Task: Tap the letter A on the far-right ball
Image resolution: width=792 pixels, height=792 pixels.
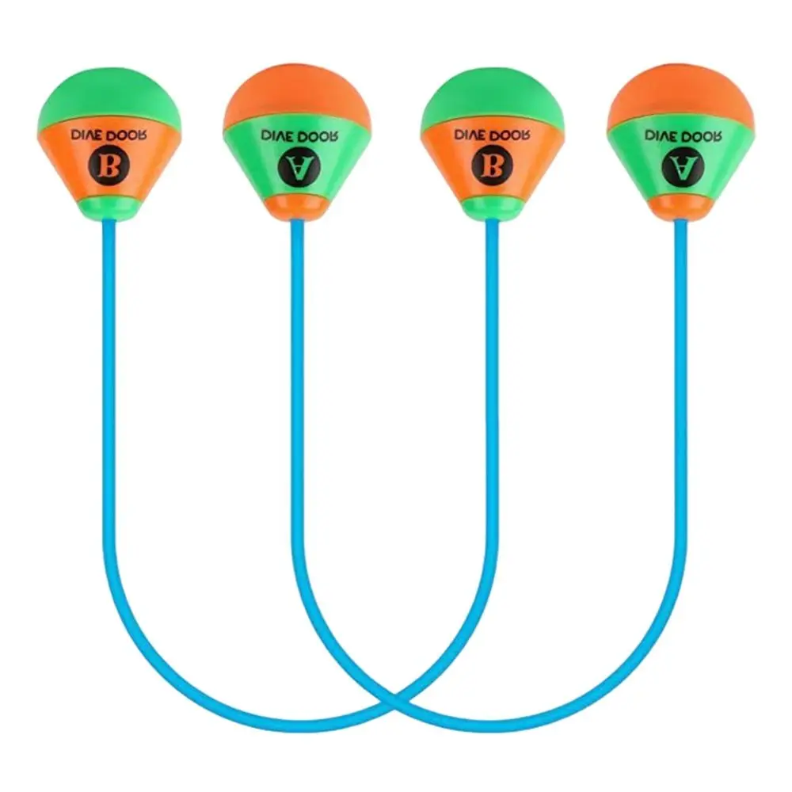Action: point(678,166)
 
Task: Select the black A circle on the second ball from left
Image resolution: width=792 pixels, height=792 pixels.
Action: point(296,166)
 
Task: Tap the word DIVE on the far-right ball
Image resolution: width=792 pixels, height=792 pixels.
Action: point(661,135)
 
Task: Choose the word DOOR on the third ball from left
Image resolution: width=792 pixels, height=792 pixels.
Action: point(511,135)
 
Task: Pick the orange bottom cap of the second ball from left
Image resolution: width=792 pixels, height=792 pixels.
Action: point(297,207)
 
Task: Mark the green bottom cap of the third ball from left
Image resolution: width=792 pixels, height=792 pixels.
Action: point(492,208)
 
